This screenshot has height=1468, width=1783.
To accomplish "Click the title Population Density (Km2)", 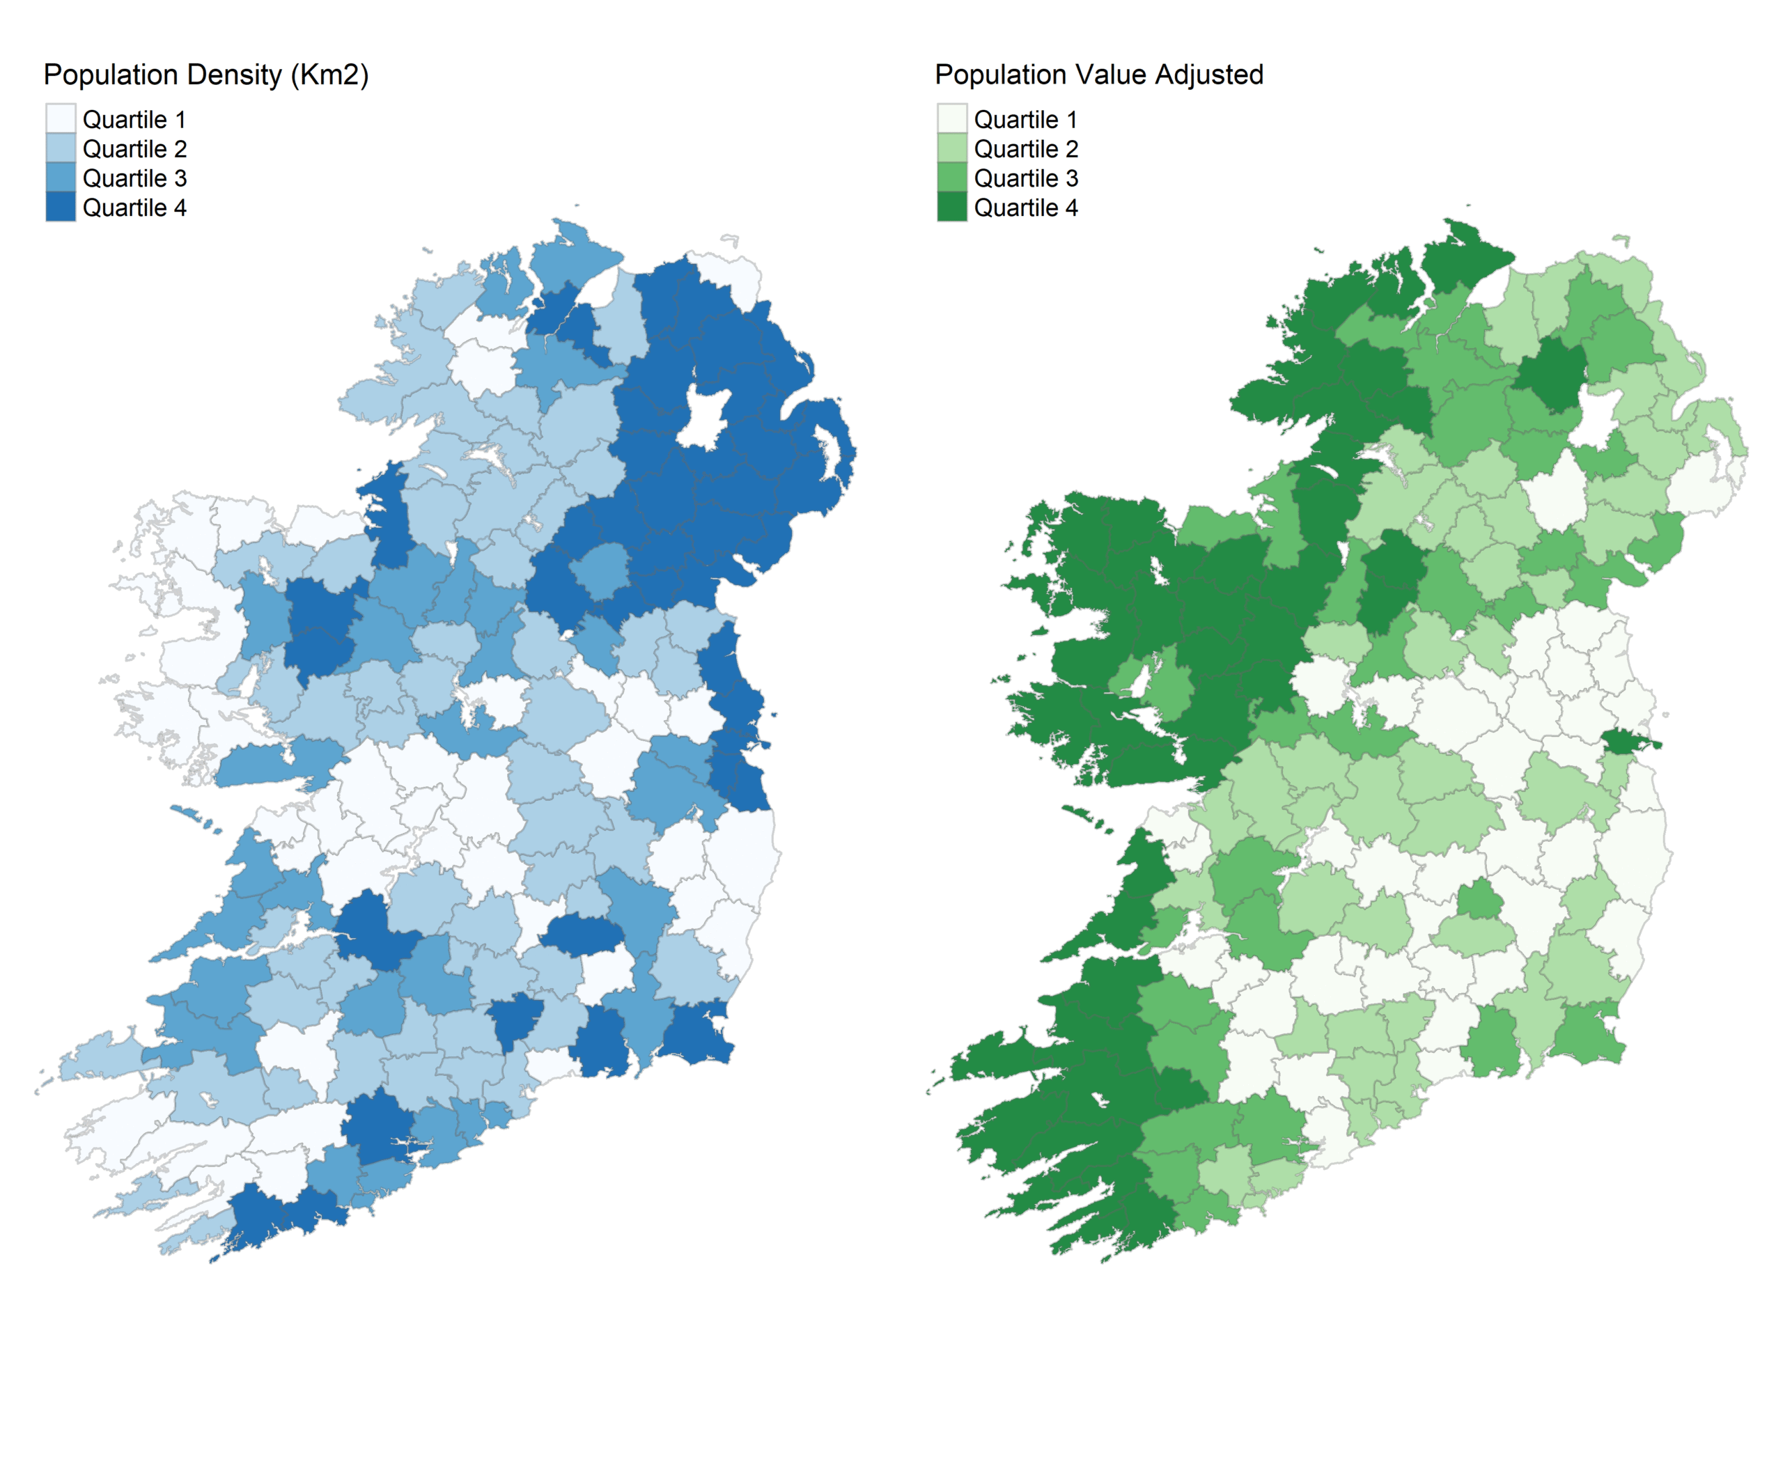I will (205, 75).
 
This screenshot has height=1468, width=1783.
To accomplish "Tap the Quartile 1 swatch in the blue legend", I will (60, 119).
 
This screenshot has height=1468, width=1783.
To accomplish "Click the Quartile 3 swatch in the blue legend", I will (60, 178).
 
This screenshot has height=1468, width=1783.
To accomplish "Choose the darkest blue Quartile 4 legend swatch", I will (60, 208).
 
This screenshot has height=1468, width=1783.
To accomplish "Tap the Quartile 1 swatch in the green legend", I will (951, 119).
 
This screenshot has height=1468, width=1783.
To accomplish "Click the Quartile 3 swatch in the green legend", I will (951, 178).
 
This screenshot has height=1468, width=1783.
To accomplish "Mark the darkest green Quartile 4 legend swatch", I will (951, 208).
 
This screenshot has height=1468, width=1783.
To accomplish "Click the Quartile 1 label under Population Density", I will (134, 120).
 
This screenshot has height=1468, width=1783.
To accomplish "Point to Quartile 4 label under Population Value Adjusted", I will (1025, 208).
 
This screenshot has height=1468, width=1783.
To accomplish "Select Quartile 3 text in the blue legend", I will (134, 178).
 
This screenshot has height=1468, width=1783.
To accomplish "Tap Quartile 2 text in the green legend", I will (1025, 150).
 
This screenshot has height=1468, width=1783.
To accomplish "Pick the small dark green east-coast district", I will (1626, 742).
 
